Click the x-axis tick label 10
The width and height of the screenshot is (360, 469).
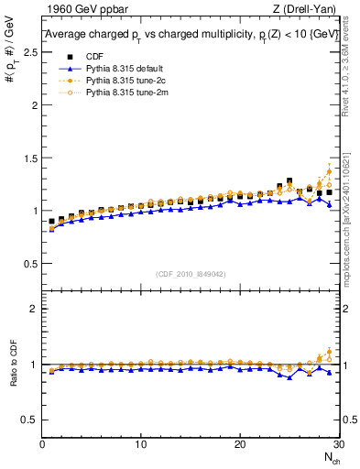(x=140, y=444)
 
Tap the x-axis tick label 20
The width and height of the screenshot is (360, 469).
(x=239, y=444)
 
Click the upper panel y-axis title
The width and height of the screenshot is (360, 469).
(x=13, y=50)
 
